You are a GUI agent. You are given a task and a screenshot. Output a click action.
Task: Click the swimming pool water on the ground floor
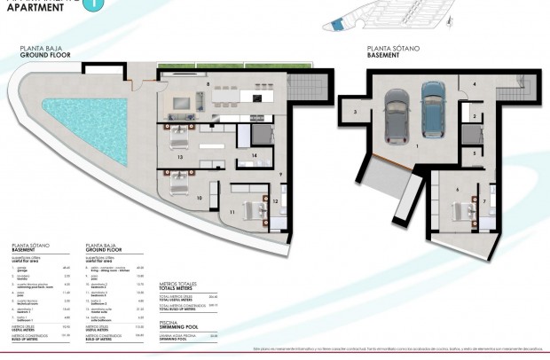click(x=89, y=121)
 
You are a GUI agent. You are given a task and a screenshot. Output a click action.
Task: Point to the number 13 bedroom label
click(x=180, y=157)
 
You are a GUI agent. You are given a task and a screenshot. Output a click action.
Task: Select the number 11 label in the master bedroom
click(x=232, y=213)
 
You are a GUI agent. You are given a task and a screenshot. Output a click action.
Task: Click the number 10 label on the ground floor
click(x=199, y=197)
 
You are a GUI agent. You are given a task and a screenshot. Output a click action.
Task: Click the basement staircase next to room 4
click(x=508, y=91)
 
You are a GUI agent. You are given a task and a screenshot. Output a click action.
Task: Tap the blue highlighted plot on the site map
click(x=335, y=27)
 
